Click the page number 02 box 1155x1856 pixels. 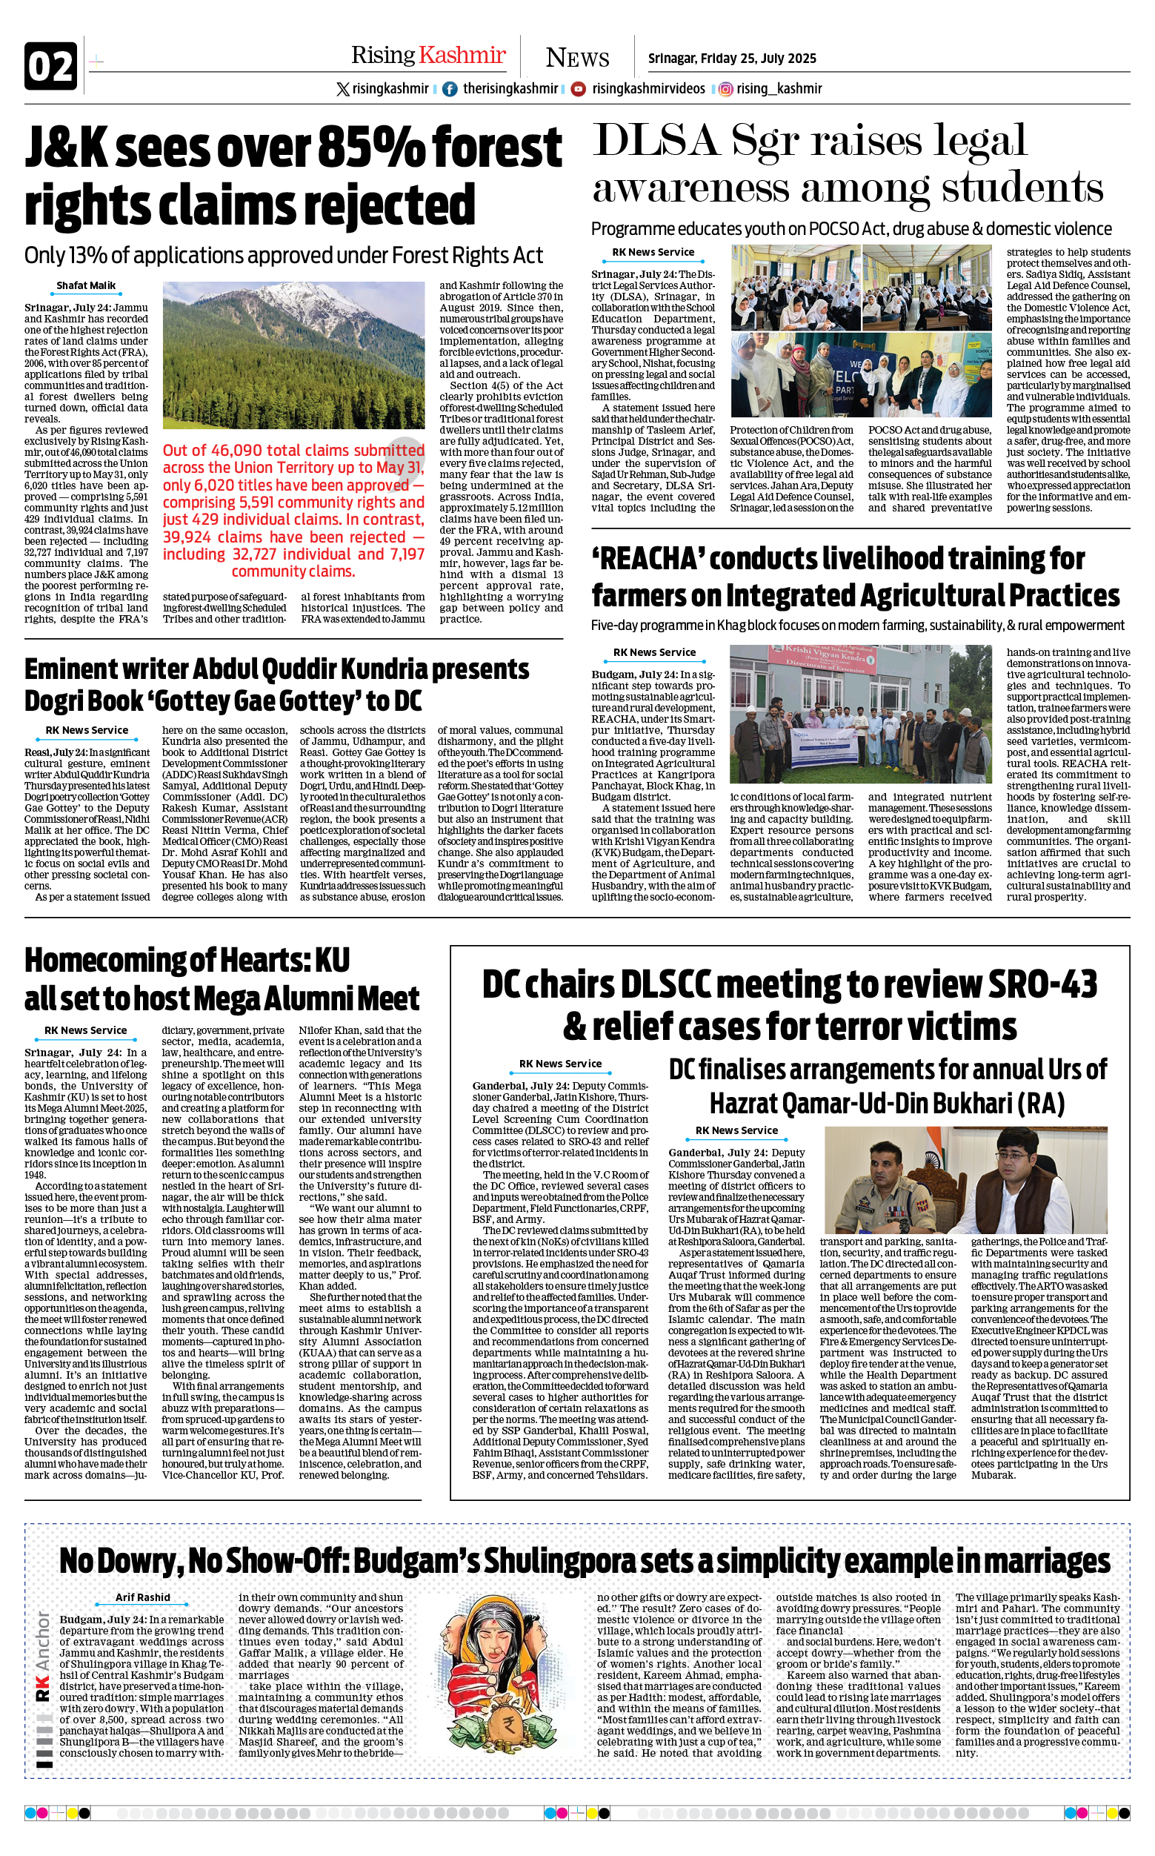[x=51, y=67]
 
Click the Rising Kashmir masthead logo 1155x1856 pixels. [x=427, y=55]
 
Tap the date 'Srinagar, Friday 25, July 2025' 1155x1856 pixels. [x=732, y=59]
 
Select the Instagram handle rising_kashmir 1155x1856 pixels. [x=779, y=89]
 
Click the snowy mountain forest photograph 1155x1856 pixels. [x=293, y=355]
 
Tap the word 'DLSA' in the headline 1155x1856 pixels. [x=656, y=142]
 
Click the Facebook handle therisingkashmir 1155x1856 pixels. [x=510, y=89]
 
